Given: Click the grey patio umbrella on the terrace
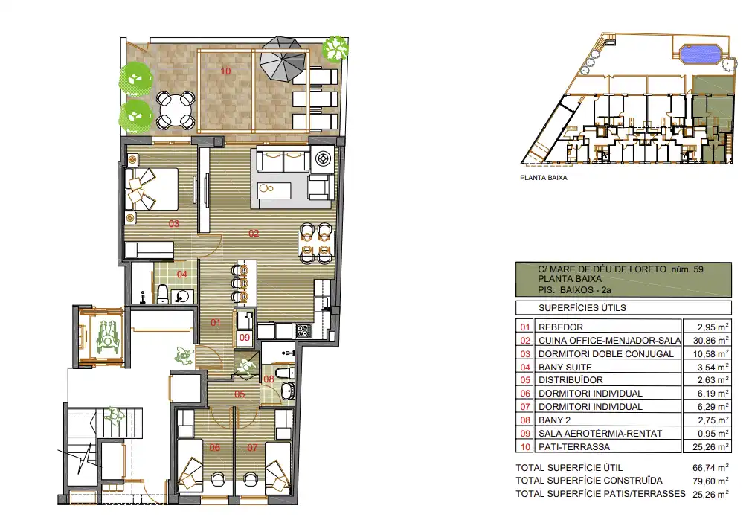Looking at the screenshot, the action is [283, 59].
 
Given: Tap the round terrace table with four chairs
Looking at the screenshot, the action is [176, 110].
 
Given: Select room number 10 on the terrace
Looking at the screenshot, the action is [225, 71].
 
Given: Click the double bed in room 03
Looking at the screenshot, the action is [152, 188].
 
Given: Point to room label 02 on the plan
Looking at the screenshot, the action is [254, 233].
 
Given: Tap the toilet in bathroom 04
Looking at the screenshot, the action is [163, 294].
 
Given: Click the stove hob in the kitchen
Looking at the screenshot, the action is [303, 330].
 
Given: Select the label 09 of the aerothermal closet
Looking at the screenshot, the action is [245, 337].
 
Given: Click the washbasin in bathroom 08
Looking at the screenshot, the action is [288, 391].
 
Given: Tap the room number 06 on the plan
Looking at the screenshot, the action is [215, 447].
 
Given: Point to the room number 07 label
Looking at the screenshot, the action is [252, 447].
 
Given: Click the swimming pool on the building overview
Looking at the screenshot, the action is [701, 54].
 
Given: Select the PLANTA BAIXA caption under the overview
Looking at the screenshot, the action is [544, 178].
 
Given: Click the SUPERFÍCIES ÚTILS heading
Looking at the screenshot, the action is [582, 307].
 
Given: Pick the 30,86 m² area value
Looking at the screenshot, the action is [713, 340].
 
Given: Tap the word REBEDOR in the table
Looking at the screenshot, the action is [561, 327].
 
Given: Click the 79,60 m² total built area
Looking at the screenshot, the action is [711, 481].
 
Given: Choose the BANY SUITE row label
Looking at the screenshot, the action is [565, 367].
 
